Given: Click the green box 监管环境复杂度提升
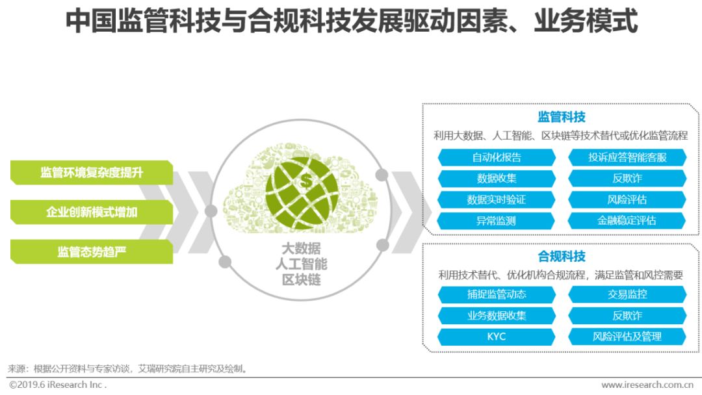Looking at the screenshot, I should (92, 173).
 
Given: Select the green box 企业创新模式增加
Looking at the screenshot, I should (92, 212).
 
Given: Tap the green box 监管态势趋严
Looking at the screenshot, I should (92, 252).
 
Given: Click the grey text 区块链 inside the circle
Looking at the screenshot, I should (302, 280).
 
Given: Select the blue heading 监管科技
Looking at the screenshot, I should (562, 117).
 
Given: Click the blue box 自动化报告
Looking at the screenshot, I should (497, 157).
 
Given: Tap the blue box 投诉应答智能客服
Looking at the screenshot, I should (627, 157).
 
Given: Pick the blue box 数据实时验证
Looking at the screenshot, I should (497, 199).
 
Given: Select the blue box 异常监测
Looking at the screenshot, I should (497, 221).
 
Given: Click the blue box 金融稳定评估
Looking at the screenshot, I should (627, 221).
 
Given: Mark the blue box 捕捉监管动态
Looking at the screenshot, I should (497, 294).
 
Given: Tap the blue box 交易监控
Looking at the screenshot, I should (627, 294).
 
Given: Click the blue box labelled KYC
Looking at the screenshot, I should (497, 337).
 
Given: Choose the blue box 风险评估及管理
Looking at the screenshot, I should (627, 337).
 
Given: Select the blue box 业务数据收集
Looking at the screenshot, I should (497, 316).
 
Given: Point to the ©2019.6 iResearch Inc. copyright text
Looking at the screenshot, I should (58, 385).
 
